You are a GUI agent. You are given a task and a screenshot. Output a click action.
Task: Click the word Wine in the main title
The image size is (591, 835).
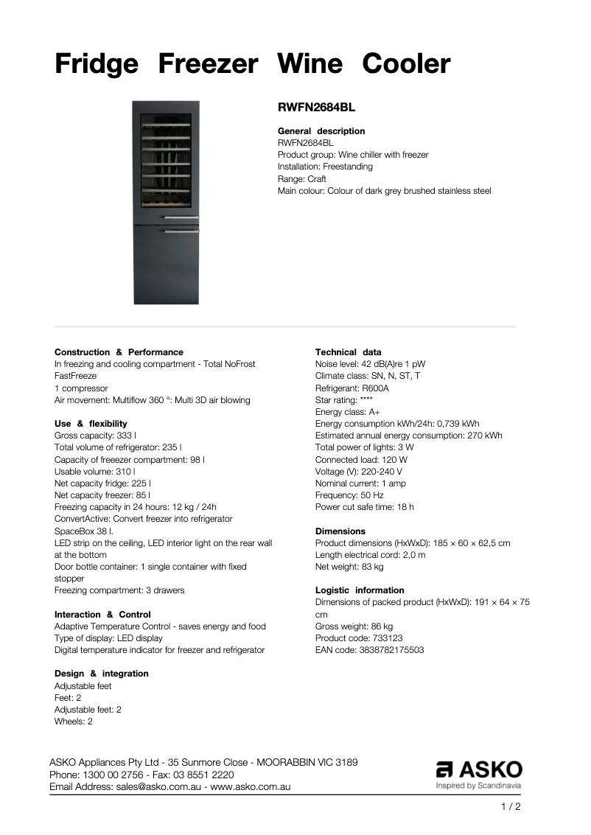coord(310,65)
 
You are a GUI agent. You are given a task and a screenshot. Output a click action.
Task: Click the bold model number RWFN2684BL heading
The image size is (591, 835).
coord(316,107)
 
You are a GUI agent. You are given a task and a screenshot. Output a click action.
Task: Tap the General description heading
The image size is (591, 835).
coord(321,131)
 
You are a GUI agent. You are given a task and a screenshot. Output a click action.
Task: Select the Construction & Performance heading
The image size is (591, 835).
coord(119,352)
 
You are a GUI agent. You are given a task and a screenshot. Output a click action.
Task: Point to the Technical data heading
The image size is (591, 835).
coord(348,352)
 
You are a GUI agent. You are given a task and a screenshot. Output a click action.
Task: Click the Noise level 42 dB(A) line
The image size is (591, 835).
coord(370,364)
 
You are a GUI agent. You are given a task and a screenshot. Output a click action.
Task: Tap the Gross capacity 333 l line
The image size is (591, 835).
coord(95,436)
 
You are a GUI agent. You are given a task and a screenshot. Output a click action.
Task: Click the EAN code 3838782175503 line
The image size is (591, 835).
coord(369,650)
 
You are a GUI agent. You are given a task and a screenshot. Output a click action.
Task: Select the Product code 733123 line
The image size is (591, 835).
coord(359,638)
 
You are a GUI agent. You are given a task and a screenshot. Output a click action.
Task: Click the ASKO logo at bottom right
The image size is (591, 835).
coord(479,769)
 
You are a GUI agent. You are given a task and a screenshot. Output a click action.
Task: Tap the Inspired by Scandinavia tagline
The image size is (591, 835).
coord(479,786)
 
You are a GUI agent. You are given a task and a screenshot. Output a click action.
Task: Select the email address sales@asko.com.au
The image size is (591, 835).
coord(158,787)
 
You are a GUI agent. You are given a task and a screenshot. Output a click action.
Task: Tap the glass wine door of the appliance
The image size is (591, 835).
coord(166,158)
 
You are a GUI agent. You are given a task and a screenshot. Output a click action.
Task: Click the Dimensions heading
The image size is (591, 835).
coord(340,531)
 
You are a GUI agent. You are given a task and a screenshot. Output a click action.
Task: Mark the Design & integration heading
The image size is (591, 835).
coord(101,674)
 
